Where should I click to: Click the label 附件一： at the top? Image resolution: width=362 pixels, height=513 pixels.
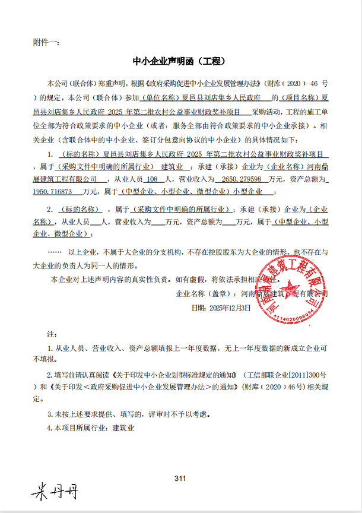click(46, 43)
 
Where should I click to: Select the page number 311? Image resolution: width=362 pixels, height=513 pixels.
click(181, 479)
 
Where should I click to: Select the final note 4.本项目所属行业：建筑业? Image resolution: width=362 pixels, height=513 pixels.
click(90, 427)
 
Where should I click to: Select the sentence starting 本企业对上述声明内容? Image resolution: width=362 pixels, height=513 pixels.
click(154, 279)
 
